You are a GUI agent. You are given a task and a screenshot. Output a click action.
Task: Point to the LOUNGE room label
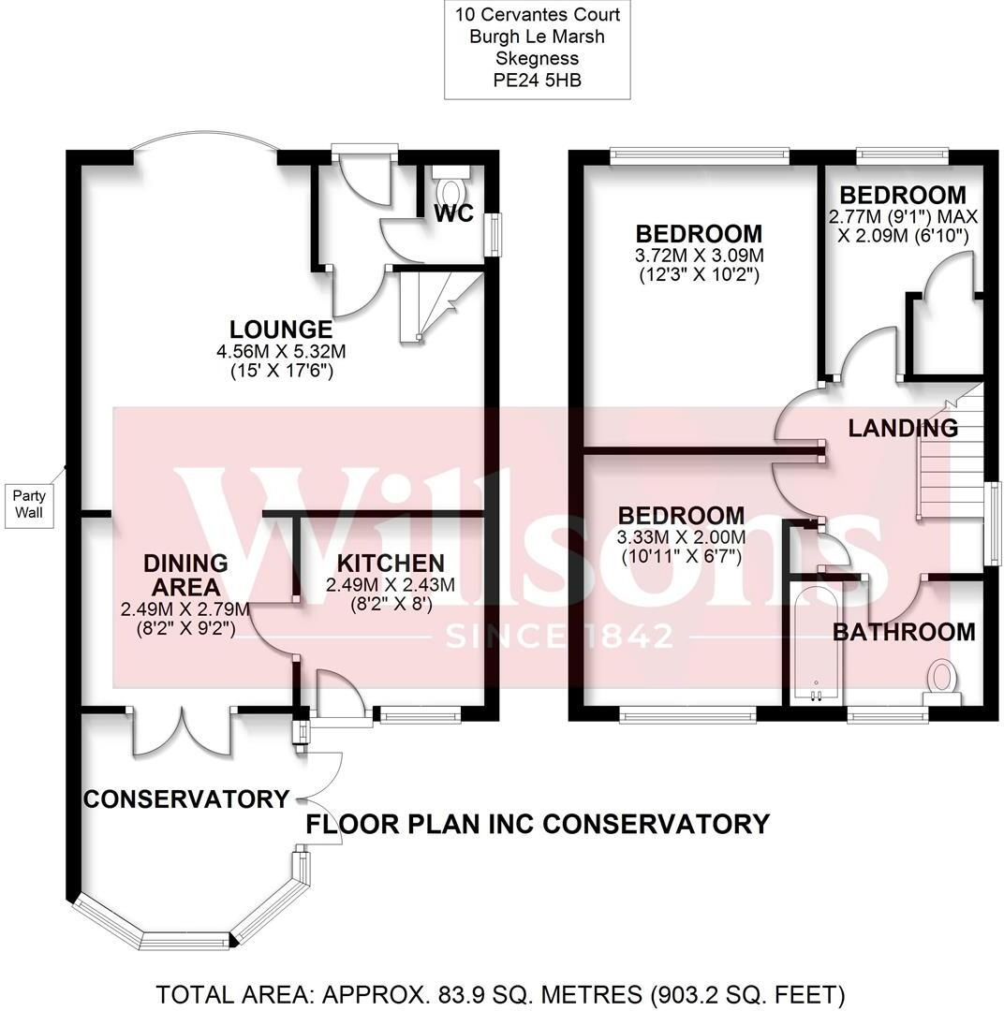click(x=281, y=330)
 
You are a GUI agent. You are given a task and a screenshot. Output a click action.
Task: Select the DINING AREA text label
click(x=185, y=575)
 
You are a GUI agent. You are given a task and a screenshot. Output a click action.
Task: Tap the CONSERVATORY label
click(x=186, y=799)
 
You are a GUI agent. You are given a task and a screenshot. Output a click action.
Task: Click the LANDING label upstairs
click(x=903, y=429)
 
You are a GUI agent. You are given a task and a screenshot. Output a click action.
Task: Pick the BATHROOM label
click(x=904, y=632)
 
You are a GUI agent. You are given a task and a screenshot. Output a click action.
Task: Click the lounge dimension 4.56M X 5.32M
click(x=281, y=353)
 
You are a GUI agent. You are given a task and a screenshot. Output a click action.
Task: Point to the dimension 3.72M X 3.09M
click(x=699, y=256)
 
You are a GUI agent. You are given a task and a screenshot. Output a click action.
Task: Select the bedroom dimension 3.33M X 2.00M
click(x=681, y=537)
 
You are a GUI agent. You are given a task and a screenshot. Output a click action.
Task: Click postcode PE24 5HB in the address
click(x=537, y=81)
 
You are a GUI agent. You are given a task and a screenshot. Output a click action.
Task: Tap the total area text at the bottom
click(x=501, y=993)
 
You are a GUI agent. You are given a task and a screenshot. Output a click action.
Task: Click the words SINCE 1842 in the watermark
click(x=559, y=637)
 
